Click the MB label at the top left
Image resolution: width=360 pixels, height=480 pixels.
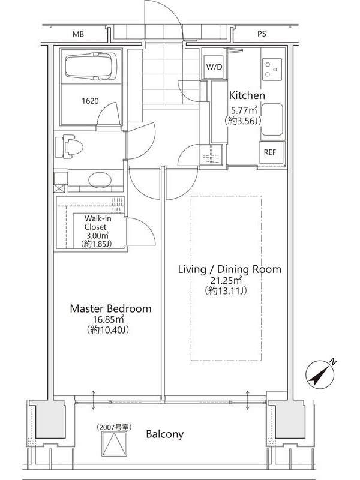coord(78,34)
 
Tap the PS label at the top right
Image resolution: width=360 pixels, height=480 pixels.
coord(262,34)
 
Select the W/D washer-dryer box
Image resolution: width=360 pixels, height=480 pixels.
coord(214,67)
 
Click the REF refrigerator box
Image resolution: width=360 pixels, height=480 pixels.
coord(269,152)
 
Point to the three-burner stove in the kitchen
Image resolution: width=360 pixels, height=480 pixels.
coord(272,70)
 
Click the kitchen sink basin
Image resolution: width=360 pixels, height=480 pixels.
coord(272,119)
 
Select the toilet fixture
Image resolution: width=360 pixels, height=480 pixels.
coord(69,148)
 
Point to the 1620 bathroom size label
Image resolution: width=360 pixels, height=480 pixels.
coord(91,101)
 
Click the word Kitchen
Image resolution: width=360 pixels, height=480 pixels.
coord(247,95)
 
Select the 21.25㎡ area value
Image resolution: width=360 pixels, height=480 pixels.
coord(226,280)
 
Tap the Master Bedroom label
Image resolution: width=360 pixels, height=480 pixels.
coord(111,308)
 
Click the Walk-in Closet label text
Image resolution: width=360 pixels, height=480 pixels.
coord(97,223)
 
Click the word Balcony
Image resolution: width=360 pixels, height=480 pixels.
coord(164,434)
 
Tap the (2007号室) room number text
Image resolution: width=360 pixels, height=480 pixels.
coord(114,427)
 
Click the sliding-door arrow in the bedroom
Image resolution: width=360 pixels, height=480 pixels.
coord(94,400)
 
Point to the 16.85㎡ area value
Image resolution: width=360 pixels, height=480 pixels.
coord(109,320)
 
